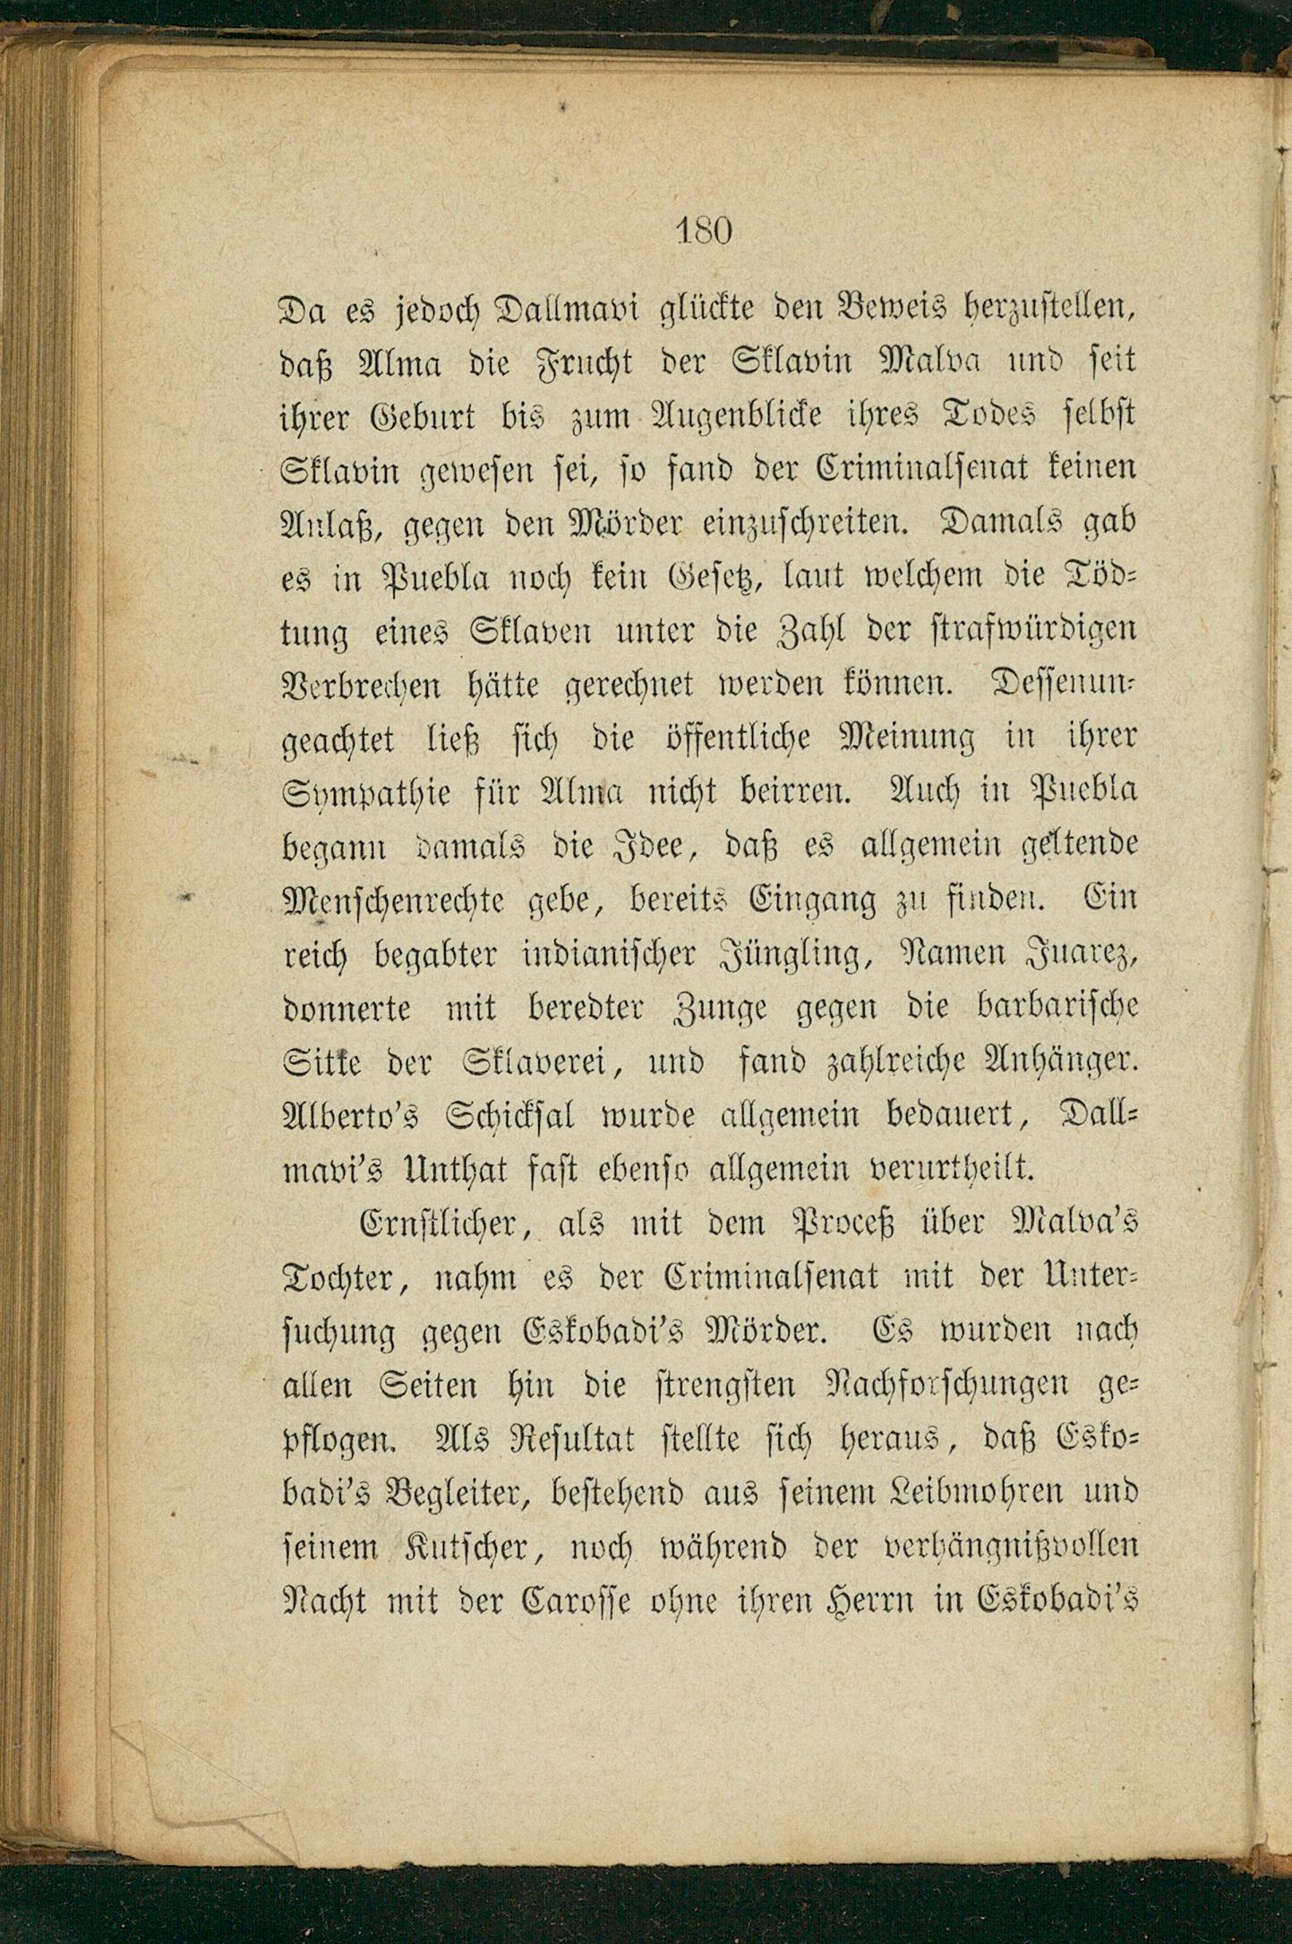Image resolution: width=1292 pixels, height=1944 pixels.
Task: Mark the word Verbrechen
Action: (x=361, y=686)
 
